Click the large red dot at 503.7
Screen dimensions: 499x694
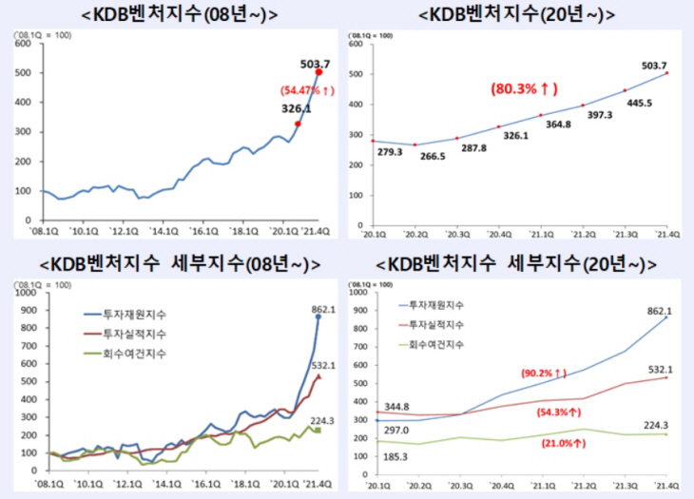pyautogui.click(x=319, y=71)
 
